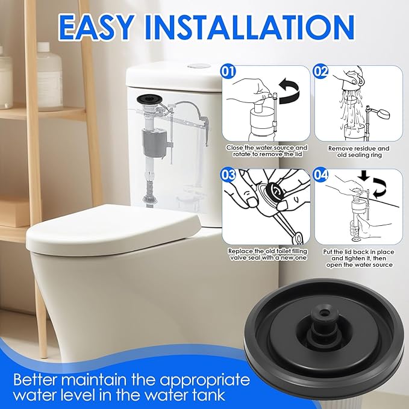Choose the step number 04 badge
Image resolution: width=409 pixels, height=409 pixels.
pyautogui.click(x=322, y=175)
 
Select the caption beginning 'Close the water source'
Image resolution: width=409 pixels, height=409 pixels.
pyautogui.click(x=267, y=151)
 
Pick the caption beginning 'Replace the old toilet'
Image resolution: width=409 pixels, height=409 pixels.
pyautogui.click(x=267, y=254)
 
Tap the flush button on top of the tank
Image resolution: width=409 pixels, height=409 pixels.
pyautogui.click(x=197, y=66)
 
